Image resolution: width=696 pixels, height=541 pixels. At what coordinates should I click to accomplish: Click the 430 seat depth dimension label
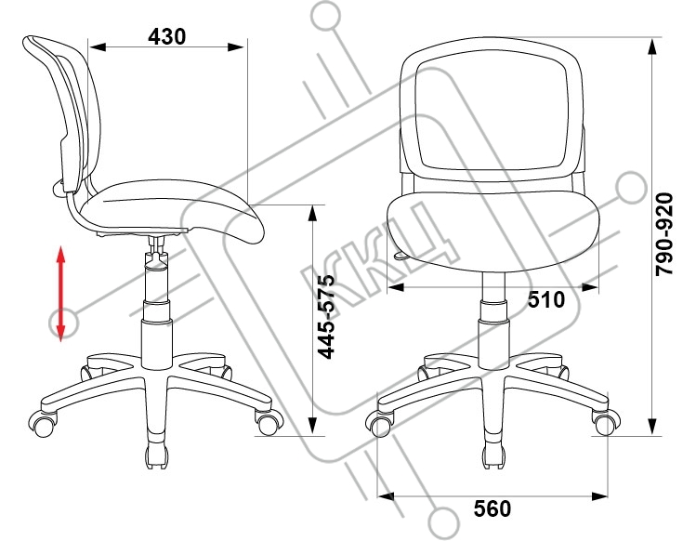[x=167, y=37]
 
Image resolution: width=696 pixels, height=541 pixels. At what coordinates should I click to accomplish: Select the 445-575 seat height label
[x=328, y=317]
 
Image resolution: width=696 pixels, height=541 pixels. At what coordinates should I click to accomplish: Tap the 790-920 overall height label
[x=664, y=234]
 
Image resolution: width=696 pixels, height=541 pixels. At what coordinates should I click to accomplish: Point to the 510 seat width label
[x=546, y=300]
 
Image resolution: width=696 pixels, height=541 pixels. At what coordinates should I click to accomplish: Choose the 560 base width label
[x=492, y=508]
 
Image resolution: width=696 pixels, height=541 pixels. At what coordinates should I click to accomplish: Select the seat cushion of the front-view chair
[x=492, y=231]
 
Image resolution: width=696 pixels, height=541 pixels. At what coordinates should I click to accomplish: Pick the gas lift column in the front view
[x=493, y=320]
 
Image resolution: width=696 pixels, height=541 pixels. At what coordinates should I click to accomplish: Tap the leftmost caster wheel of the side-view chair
[x=42, y=423]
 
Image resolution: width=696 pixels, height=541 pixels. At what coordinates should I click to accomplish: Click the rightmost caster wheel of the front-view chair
[x=606, y=421]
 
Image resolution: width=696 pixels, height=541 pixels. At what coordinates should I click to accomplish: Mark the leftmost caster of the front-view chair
[x=379, y=423]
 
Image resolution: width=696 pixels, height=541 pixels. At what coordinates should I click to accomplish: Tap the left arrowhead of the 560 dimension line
[x=386, y=495]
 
